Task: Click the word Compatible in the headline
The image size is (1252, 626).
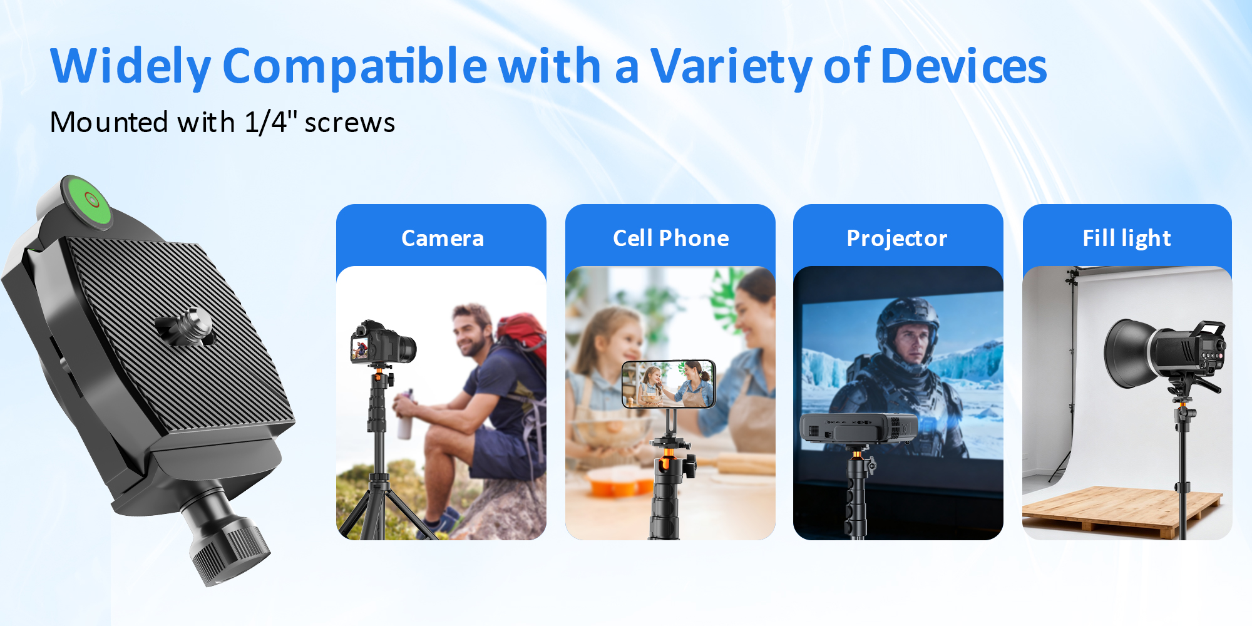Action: (354, 66)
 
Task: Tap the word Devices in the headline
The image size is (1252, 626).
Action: (963, 66)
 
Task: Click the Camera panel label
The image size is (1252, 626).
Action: (442, 239)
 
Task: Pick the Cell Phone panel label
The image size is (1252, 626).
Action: (670, 239)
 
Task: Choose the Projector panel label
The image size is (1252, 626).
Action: (896, 239)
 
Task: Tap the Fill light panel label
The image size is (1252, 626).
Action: (1126, 239)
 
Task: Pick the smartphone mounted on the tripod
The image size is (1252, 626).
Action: (669, 384)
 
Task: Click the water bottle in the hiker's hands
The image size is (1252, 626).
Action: (406, 416)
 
